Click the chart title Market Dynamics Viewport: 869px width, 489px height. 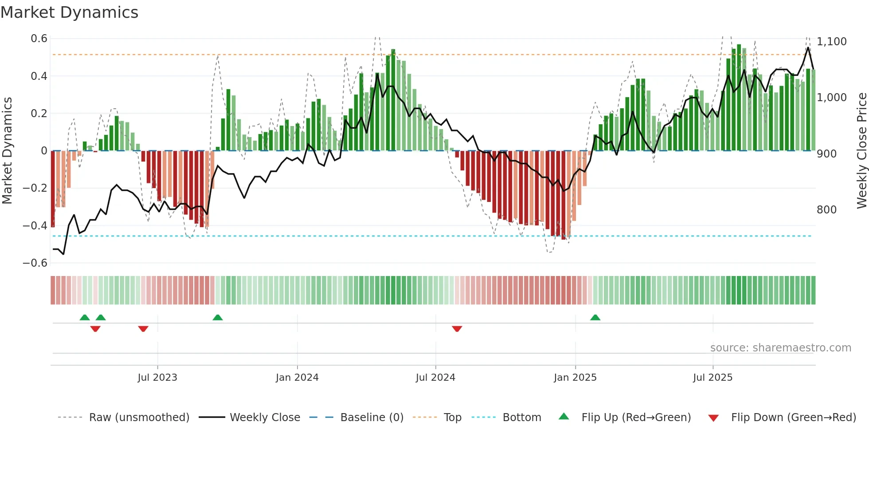(69, 12)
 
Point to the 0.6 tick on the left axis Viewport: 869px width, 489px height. (39, 39)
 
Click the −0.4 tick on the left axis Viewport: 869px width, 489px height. (35, 225)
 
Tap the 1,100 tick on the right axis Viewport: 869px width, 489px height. (831, 41)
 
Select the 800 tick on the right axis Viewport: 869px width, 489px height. (826, 209)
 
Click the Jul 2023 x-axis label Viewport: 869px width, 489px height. (157, 377)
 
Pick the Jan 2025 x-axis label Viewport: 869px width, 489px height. (575, 377)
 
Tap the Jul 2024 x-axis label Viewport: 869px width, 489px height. (435, 377)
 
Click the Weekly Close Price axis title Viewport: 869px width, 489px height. (861, 150)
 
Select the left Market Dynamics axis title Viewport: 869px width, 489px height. (7, 150)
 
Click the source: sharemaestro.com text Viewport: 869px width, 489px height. (780, 347)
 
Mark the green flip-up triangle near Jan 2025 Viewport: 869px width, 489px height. (595, 317)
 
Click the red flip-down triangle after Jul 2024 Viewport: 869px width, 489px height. (457, 329)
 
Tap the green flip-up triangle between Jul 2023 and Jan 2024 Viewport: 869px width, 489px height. (217, 317)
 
